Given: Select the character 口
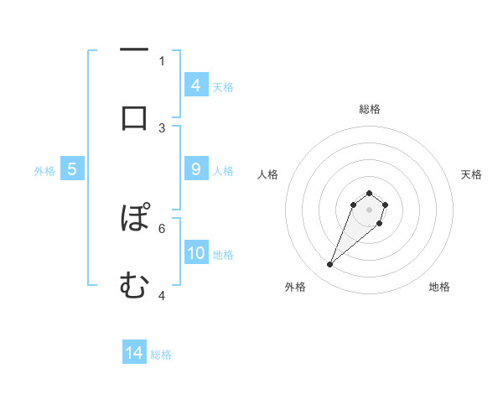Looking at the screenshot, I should pos(134,117).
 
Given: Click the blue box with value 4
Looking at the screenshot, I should pos(195,86).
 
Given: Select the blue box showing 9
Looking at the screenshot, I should pos(195,169).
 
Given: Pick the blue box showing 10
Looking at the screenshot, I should pos(195,253).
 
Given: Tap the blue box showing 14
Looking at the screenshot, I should pos(134,353).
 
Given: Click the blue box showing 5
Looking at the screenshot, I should pos(72,169).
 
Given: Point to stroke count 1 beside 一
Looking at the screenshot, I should pos(162,60).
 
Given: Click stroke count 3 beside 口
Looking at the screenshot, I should pos(162,127).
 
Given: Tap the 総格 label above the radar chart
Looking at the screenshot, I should pos(369,109).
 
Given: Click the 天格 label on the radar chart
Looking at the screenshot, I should pos(471,174).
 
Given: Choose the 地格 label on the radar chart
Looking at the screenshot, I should pos(439,287).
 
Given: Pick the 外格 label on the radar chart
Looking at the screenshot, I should pos(295,287).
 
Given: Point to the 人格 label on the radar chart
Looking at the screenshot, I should pos(267,174).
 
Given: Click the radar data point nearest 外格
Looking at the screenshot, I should pos(330,265).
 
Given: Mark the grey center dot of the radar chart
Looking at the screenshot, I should pos(369,209).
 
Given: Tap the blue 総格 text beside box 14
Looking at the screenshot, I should pos(161,355).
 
